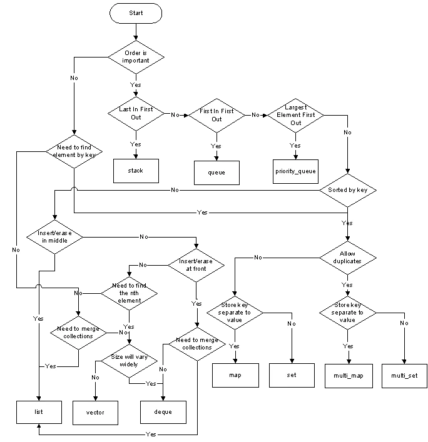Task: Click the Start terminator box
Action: point(136,13)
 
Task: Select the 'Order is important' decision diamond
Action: point(136,57)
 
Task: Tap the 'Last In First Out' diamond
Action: point(136,114)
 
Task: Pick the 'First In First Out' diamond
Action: point(217,115)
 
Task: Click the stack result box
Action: point(136,170)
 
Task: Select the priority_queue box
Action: point(296,170)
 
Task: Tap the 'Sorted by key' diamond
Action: point(348,189)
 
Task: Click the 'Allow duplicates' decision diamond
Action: point(348,257)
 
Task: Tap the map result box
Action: point(235,376)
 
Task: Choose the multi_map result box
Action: point(349,376)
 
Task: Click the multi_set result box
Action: point(404,376)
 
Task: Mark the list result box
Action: point(39,411)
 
